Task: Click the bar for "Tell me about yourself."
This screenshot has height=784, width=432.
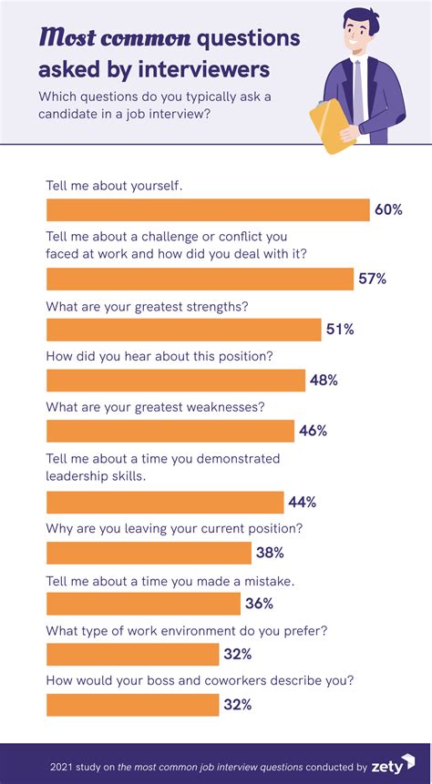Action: [x=207, y=210]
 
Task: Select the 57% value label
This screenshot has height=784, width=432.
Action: [x=372, y=280]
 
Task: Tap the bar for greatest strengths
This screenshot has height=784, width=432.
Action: [x=183, y=330]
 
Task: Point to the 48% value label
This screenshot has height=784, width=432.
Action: [x=324, y=381]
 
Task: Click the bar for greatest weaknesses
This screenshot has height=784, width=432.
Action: [x=170, y=431]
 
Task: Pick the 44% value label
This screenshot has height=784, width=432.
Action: [x=302, y=502]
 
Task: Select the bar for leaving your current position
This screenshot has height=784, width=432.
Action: [x=149, y=553]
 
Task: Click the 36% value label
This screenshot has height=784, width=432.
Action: [x=260, y=603]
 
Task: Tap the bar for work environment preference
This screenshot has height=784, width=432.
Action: [x=132, y=654]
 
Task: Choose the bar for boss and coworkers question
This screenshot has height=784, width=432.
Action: [x=132, y=705]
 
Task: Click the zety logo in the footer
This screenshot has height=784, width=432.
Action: [x=393, y=766]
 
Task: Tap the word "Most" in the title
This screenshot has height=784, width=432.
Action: [x=67, y=38]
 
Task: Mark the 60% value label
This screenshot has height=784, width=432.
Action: [x=388, y=210]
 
